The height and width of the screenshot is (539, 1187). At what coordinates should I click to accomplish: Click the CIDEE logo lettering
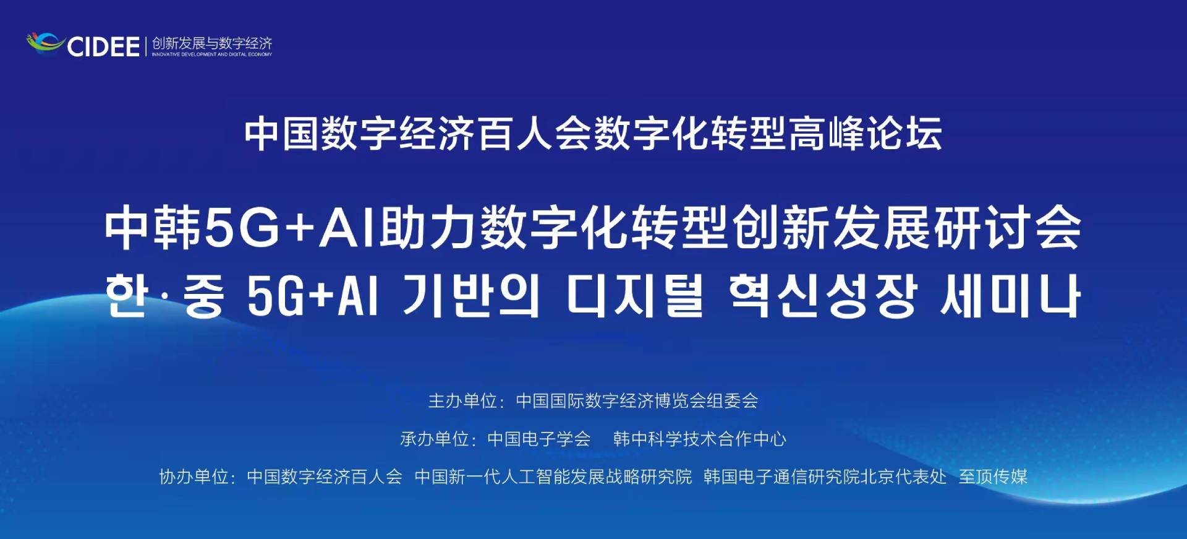click(103, 46)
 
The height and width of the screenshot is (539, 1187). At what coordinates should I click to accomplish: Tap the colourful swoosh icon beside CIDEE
click(45, 43)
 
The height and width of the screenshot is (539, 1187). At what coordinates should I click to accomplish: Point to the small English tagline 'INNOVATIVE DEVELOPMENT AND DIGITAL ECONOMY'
click(212, 54)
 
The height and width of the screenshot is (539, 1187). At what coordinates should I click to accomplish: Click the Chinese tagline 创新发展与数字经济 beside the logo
click(212, 43)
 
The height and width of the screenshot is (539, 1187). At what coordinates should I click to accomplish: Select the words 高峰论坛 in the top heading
click(864, 133)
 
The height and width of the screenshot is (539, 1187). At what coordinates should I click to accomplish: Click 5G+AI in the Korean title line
click(312, 296)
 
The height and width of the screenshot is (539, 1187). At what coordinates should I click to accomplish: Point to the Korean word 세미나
click(1010, 296)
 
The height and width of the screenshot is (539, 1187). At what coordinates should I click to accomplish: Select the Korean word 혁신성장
click(823, 296)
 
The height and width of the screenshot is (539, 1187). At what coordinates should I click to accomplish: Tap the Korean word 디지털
click(635, 296)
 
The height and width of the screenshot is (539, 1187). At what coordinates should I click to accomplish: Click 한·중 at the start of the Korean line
click(164, 296)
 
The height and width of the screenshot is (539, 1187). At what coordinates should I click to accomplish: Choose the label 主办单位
click(463, 401)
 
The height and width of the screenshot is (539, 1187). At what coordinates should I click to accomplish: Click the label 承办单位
click(435, 439)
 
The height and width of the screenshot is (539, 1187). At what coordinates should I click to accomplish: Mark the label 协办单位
click(194, 476)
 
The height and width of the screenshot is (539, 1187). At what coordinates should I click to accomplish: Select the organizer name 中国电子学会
click(539, 439)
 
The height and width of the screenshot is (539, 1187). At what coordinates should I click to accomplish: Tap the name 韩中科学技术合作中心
click(700, 439)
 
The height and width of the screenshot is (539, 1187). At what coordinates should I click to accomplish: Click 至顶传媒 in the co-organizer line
click(993, 476)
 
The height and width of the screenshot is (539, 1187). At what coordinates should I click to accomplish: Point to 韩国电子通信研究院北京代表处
click(825, 476)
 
